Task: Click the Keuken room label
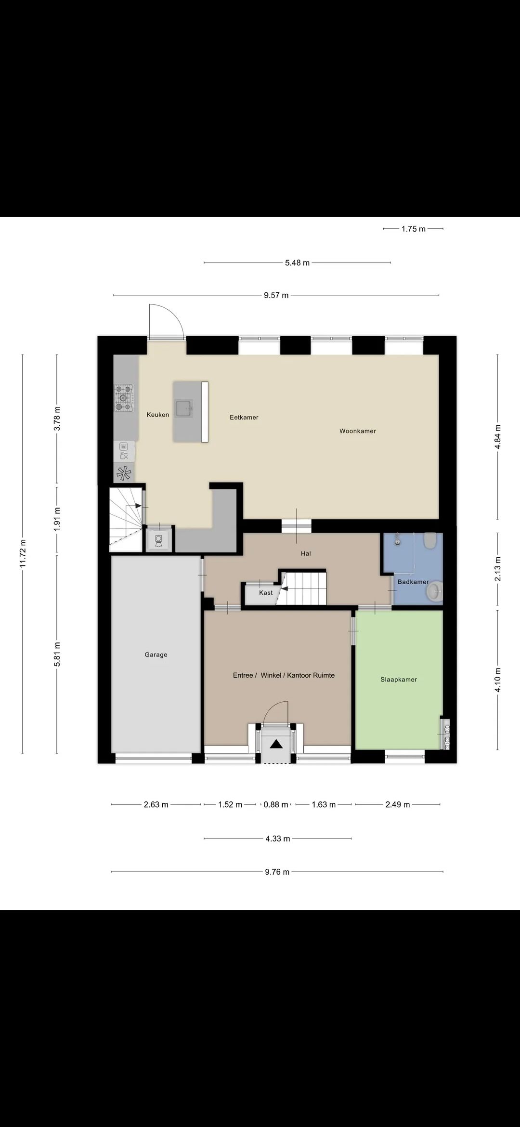pyautogui.click(x=158, y=415)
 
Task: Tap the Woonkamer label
pyautogui.click(x=358, y=431)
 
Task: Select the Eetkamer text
pyautogui.click(x=244, y=418)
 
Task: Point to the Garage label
pyautogui.click(x=156, y=655)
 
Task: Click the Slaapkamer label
pyautogui.click(x=399, y=680)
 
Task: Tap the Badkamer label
pyautogui.click(x=413, y=582)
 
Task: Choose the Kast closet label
pyautogui.click(x=266, y=593)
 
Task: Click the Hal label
pyautogui.click(x=306, y=553)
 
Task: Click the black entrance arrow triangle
pyautogui.click(x=276, y=744)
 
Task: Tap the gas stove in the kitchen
pyautogui.click(x=124, y=398)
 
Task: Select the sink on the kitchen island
pyautogui.click(x=183, y=408)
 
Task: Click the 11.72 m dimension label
pyautogui.click(x=23, y=554)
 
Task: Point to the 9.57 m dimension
pyautogui.click(x=276, y=295)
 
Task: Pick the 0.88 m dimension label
pyautogui.click(x=276, y=804)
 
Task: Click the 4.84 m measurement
pyautogui.click(x=498, y=437)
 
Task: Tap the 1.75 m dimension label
pyautogui.click(x=414, y=229)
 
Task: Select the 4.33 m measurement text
pyautogui.click(x=278, y=839)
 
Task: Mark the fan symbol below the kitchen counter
pyautogui.click(x=124, y=473)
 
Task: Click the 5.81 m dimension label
pyautogui.click(x=57, y=655)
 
